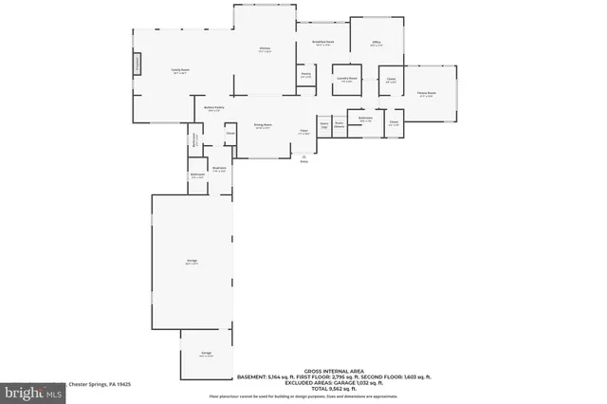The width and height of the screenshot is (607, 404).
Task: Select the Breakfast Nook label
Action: click(x=322, y=43)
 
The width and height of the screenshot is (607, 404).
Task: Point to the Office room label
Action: click(x=377, y=44)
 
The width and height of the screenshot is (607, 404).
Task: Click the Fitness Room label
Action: click(x=427, y=94)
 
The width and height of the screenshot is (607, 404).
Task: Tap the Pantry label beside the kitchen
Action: click(x=306, y=75)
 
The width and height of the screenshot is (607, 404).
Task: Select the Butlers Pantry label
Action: click(x=214, y=108)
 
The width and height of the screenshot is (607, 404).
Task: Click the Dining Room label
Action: click(x=263, y=126)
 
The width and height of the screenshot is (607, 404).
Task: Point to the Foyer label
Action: click(x=304, y=132)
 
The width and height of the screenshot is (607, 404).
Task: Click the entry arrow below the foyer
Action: click(x=304, y=157)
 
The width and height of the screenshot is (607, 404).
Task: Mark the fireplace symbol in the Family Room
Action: click(x=137, y=64)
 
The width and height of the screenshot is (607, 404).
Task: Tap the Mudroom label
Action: click(x=218, y=171)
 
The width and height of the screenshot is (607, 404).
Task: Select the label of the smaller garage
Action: click(x=206, y=353)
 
